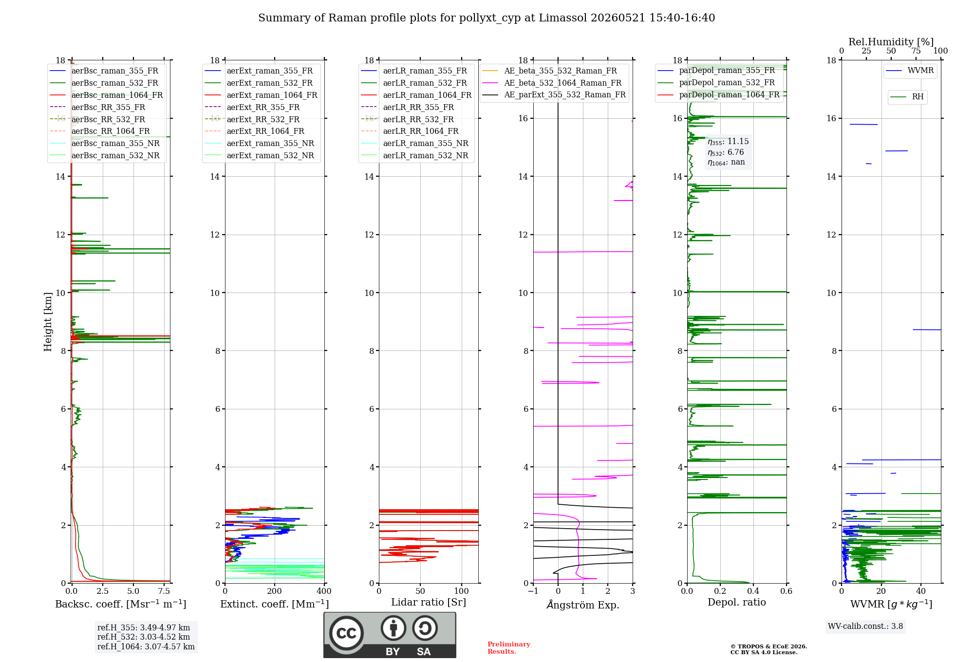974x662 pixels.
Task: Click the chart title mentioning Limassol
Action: click(487, 18)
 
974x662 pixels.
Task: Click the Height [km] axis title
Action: click(48, 322)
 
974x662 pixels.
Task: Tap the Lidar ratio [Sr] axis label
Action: click(429, 602)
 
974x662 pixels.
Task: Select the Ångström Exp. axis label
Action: click(583, 605)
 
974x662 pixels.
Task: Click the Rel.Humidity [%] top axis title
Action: click(891, 42)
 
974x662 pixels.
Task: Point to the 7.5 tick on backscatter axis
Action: click(164, 591)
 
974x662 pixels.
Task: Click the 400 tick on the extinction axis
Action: click(324, 591)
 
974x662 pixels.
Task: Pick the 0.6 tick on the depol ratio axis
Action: click(787, 591)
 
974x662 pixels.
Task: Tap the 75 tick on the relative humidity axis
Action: click(916, 51)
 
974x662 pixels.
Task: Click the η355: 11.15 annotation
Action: click(728, 142)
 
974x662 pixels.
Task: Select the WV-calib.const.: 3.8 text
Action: click(865, 626)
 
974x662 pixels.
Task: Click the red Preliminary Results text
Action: click(509, 648)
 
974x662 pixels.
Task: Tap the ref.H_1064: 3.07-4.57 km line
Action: click(146, 647)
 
